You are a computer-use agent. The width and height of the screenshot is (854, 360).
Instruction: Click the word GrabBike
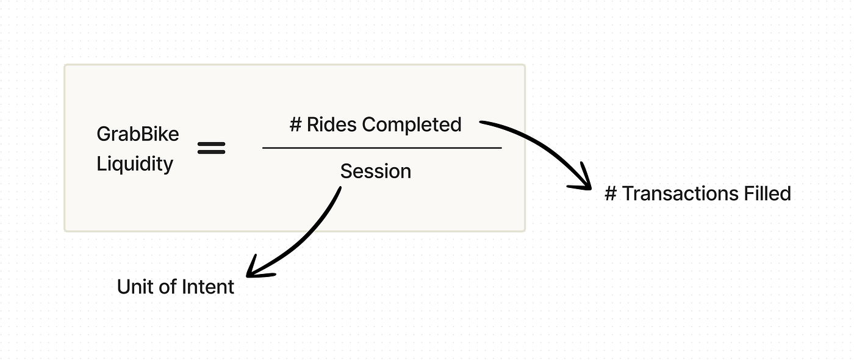138,134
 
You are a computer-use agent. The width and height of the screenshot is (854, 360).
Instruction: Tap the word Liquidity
135,164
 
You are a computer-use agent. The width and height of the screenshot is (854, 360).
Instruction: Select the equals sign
212,148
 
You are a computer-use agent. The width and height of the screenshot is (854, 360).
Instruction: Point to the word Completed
412,124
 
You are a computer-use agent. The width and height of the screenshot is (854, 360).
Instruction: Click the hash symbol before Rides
296,124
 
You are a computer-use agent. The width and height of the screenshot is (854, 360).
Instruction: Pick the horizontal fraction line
382,148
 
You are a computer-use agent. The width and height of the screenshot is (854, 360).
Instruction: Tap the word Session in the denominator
376,171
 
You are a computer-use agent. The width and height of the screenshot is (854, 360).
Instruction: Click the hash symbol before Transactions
611,194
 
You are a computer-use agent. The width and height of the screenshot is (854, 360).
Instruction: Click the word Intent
208,287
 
